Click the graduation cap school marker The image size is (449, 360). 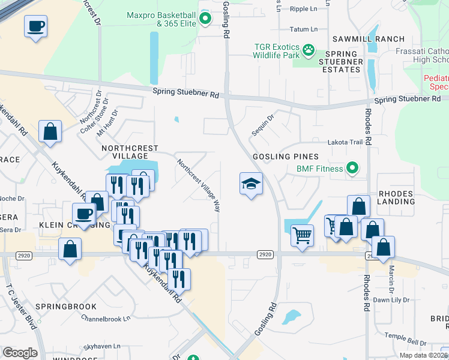click(x=252, y=184)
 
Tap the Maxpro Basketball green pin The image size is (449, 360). click(x=205, y=18)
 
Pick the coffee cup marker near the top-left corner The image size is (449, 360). click(x=35, y=26)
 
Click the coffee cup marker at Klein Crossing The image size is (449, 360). click(x=84, y=214)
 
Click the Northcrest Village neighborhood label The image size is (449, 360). click(x=130, y=152)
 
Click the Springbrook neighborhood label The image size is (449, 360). click(x=66, y=307)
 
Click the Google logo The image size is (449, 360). click(x=20, y=353)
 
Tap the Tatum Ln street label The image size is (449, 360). click(x=303, y=29)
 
